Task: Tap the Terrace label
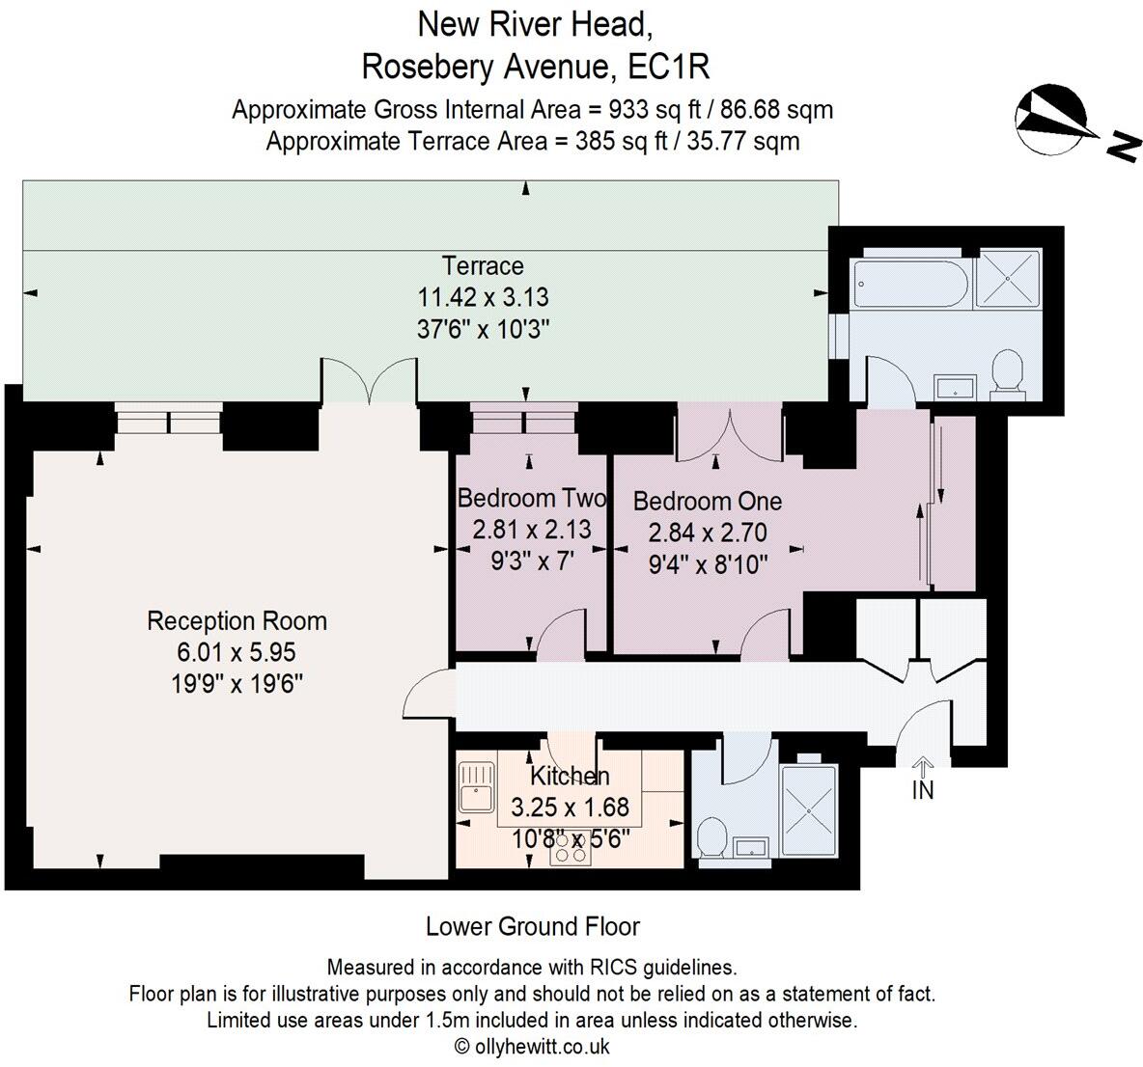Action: [483, 265]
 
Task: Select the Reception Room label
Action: [237, 620]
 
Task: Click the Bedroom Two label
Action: [532, 499]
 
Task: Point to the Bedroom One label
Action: [708, 502]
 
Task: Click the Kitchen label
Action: [570, 776]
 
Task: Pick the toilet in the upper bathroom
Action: [1008, 372]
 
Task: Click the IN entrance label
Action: [923, 789]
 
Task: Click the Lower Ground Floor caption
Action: [533, 927]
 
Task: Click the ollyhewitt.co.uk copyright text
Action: [532, 1047]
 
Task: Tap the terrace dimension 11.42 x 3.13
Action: [483, 297]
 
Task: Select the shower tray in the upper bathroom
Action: [1008, 278]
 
